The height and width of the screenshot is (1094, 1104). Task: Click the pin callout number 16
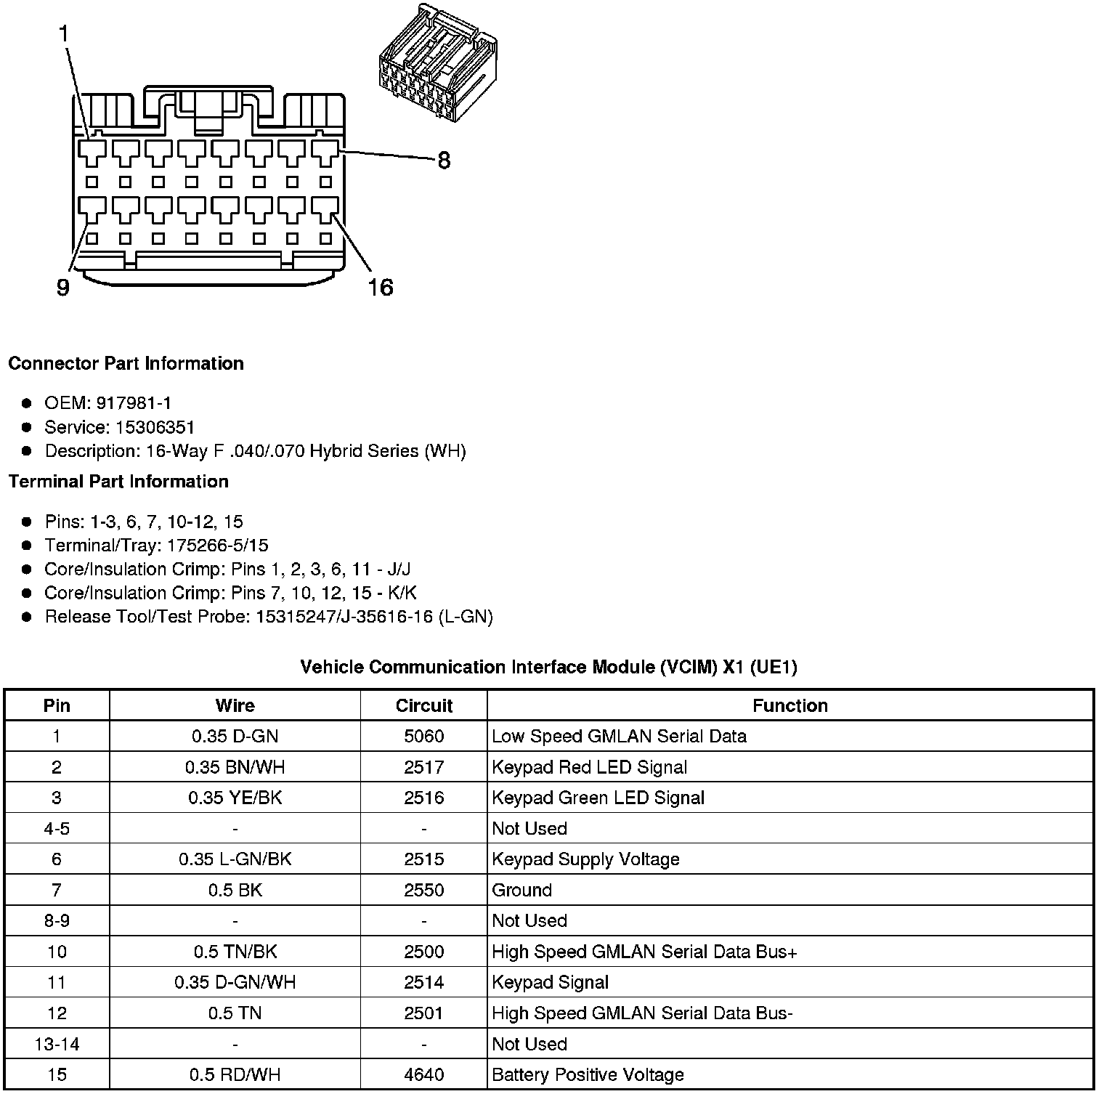[x=380, y=288]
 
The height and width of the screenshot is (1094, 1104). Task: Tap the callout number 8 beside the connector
[x=443, y=160]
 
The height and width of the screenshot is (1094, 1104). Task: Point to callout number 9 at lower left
[x=63, y=288]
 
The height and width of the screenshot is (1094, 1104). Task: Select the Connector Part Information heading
[x=126, y=363]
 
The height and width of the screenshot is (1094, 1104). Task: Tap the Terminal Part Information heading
[x=118, y=482]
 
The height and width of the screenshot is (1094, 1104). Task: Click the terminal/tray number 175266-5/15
[x=217, y=546]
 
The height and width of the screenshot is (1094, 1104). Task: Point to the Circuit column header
[x=423, y=705]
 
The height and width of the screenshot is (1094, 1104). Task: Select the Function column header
[x=790, y=705]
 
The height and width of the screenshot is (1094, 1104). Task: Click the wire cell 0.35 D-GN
[x=235, y=737]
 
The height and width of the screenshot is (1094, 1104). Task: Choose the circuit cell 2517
[x=423, y=767]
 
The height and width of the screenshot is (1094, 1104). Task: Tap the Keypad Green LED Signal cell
[x=598, y=798]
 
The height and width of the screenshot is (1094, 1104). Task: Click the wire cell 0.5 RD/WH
[x=235, y=1074]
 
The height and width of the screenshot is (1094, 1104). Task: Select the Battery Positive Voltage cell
[x=588, y=1074]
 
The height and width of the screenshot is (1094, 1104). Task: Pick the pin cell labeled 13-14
[x=57, y=1044]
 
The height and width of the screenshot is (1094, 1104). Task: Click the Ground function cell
[x=521, y=890]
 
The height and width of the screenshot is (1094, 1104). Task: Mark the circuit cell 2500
[x=423, y=952]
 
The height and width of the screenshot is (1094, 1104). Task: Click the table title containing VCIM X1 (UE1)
[x=548, y=667]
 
